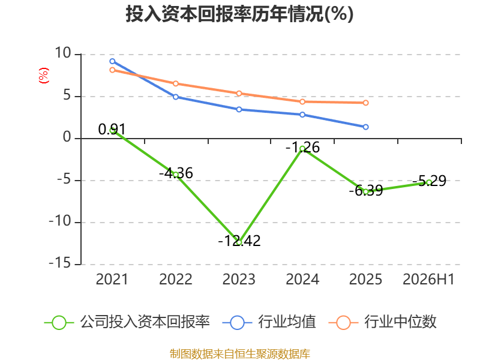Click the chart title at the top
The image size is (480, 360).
click(x=239, y=14)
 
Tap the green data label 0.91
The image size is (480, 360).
click(x=112, y=130)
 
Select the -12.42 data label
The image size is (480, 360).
click(x=239, y=241)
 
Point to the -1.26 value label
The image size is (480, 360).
click(x=302, y=148)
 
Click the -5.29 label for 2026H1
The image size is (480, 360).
click(x=429, y=181)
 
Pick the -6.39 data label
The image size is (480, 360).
click(x=366, y=191)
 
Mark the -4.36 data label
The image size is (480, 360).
click(x=176, y=173)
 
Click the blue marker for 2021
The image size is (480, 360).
click(x=112, y=61)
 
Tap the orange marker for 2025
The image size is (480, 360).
click(x=365, y=103)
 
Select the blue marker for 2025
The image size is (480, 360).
click(x=365, y=127)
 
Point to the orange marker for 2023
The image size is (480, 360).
click(x=239, y=94)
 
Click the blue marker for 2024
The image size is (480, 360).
click(x=302, y=115)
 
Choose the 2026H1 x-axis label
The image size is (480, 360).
click(x=428, y=279)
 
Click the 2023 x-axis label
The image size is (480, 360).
click(x=239, y=279)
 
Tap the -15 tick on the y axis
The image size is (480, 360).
click(x=60, y=263)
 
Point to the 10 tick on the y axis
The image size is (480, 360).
click(x=63, y=53)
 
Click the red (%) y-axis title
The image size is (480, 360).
click(x=43, y=76)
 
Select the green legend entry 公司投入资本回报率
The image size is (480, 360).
click(x=127, y=322)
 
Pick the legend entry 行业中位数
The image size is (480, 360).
click(x=383, y=322)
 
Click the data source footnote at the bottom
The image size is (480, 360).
click(x=240, y=354)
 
